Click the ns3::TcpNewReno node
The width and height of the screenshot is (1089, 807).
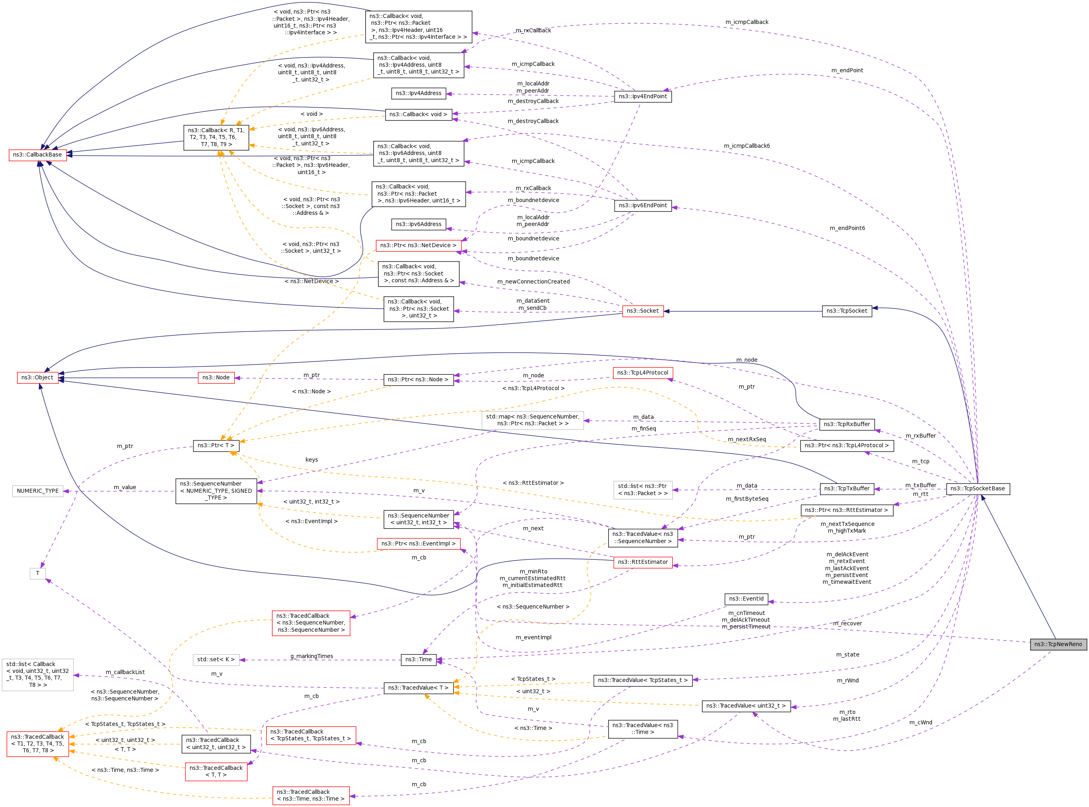1058,644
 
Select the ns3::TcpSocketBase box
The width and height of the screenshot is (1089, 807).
978,488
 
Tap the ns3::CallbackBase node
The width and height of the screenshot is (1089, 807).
38,155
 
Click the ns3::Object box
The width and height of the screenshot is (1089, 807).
38,378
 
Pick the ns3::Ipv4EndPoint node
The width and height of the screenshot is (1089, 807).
643,97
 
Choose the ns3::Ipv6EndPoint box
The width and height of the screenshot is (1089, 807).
643,206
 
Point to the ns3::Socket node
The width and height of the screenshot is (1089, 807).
643,311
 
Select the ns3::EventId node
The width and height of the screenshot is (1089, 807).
747,599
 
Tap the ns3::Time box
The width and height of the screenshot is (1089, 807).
418,660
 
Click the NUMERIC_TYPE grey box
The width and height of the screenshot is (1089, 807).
38,491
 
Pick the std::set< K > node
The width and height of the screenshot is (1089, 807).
216,660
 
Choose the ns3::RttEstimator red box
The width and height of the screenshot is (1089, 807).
643,562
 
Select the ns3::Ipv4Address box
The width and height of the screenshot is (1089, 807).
418,93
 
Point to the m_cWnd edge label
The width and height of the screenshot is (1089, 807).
921,722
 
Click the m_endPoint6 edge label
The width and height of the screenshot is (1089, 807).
847,228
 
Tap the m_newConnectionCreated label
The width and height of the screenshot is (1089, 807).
533,282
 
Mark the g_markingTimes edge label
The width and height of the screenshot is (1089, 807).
312,656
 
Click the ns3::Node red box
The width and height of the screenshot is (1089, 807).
216,378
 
